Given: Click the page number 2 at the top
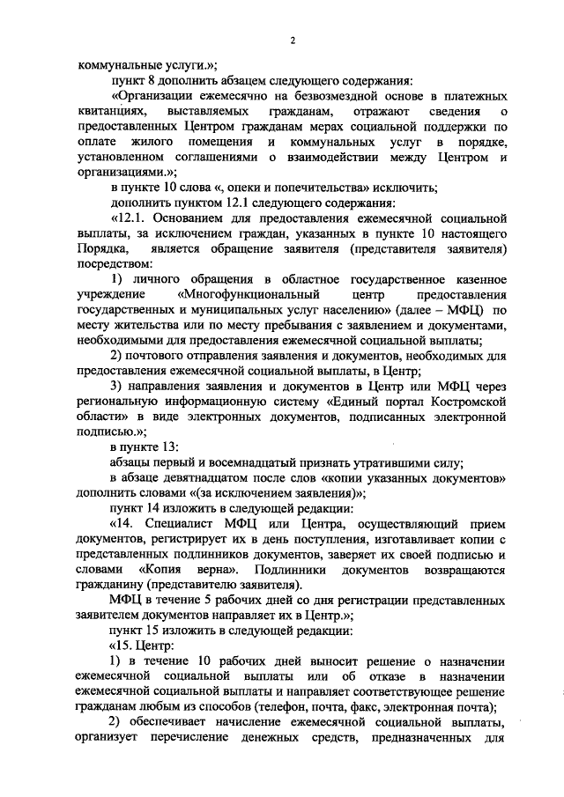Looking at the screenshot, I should pos(293,41).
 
